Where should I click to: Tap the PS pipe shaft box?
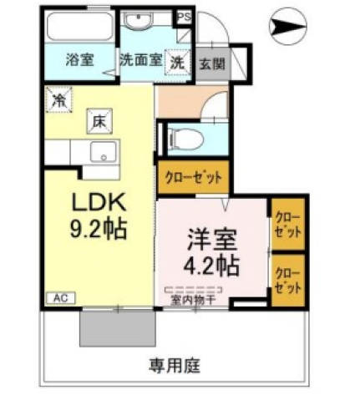185,18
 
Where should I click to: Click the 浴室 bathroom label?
80,59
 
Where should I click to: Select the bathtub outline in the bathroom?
80,27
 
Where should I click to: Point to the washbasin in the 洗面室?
138,21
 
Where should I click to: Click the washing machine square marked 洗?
177,63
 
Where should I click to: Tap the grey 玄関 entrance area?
212,64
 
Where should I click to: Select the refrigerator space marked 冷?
59,100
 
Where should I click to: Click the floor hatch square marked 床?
99,121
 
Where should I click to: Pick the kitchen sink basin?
103,151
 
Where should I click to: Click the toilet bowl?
185,139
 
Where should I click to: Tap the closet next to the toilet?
193,177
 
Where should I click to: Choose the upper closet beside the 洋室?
288,224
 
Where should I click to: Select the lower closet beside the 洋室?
288,281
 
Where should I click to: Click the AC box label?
61,298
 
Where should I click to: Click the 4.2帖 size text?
211,266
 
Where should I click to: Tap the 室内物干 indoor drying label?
193,301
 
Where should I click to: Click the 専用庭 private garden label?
175,366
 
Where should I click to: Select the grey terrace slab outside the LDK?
118,328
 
